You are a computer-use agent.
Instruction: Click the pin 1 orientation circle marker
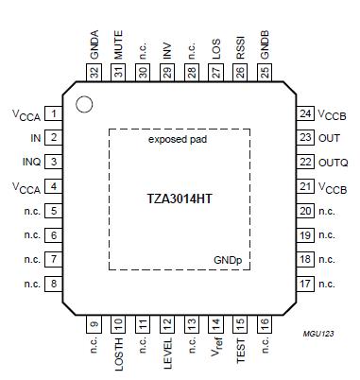click(x=83, y=104)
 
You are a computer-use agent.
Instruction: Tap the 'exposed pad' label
click(x=178, y=140)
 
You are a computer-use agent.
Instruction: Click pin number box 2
click(x=54, y=138)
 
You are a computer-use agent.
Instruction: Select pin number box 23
click(x=305, y=138)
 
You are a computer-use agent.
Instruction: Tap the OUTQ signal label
click(x=332, y=163)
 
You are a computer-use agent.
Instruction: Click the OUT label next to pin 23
click(x=329, y=138)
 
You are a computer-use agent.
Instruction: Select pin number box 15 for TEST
click(x=240, y=324)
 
